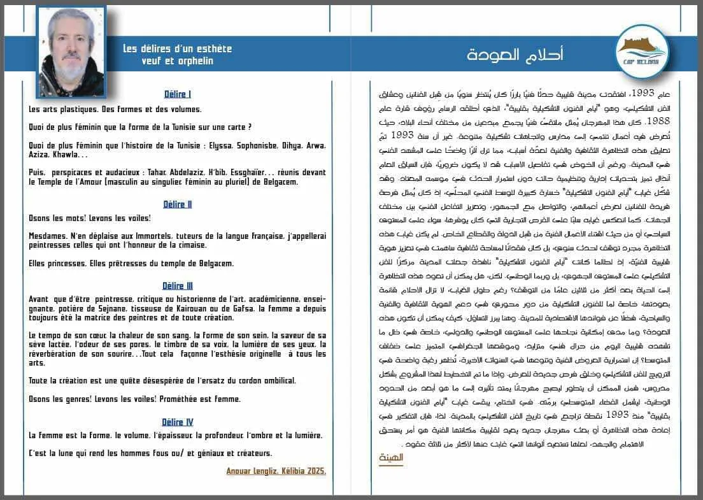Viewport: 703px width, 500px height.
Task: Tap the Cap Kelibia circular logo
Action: click(641, 51)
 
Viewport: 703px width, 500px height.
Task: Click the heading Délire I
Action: click(177, 94)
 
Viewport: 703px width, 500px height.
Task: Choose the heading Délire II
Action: click(177, 204)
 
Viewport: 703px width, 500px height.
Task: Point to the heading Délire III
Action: click(177, 286)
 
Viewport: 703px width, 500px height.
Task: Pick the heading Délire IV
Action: click(177, 422)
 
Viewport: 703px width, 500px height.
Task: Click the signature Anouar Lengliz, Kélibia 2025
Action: click(276, 471)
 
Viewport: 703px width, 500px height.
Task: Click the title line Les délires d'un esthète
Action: click(177, 49)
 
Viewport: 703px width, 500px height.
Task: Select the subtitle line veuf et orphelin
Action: click(177, 61)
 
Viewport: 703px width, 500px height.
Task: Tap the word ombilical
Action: click(274, 380)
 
